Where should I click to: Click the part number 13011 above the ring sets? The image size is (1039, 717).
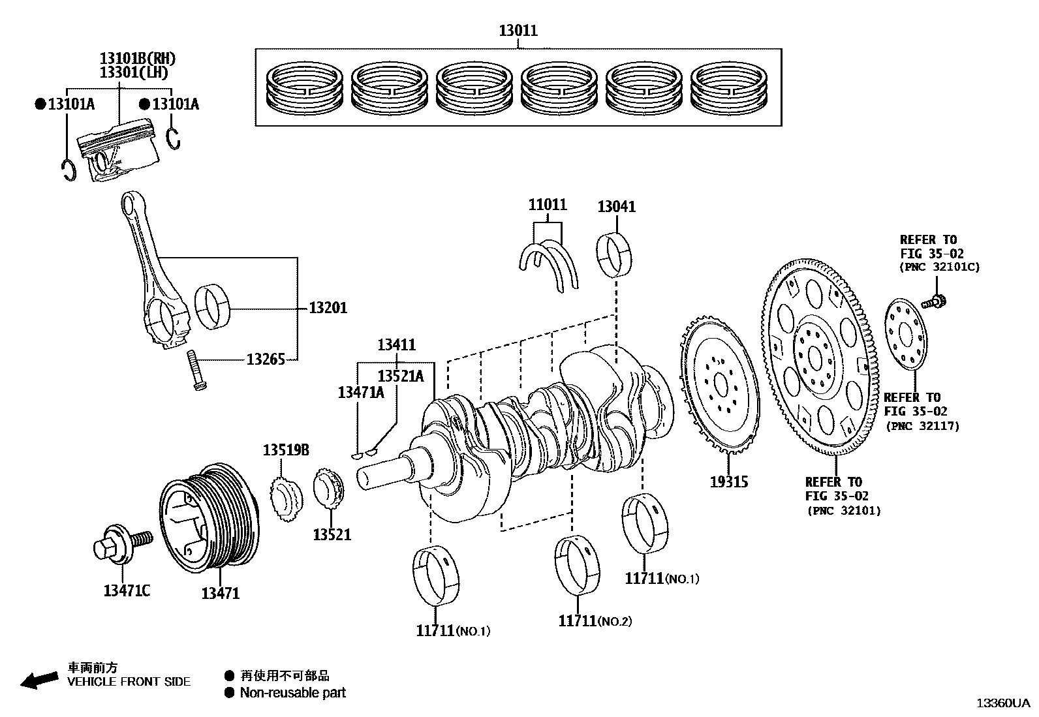pyautogui.click(x=518, y=30)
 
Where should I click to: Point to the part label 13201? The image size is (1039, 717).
pyautogui.click(x=328, y=307)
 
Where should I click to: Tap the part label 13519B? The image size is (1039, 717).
pyautogui.click(x=286, y=450)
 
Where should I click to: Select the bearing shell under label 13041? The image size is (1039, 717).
pyautogui.click(x=616, y=254)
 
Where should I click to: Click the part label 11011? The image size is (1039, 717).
pyautogui.click(x=547, y=205)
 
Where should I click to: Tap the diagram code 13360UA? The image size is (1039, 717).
pyautogui.click(x=1002, y=703)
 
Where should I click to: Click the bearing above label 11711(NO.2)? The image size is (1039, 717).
pyautogui.click(x=578, y=565)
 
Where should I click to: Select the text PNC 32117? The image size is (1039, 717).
pyautogui.click(x=922, y=426)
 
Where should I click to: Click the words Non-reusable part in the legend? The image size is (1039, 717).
pyautogui.click(x=292, y=693)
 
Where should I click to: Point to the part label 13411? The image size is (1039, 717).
pyautogui.click(x=396, y=344)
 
